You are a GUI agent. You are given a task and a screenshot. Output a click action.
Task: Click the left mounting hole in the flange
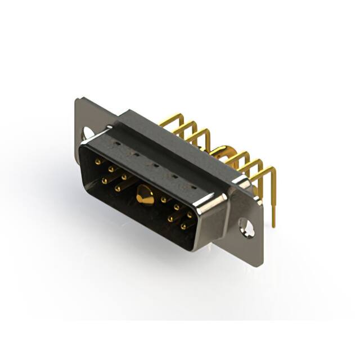(88, 133)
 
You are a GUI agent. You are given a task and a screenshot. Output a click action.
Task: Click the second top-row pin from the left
(111, 169)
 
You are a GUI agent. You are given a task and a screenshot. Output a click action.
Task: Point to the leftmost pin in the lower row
(105, 181)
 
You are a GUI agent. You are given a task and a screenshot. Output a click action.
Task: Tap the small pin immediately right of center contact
(164, 200)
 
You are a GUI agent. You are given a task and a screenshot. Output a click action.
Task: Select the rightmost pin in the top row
(190, 215)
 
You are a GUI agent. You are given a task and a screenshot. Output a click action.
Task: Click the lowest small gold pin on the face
(183, 227)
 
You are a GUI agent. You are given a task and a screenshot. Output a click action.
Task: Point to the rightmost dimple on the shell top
(193, 186)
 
